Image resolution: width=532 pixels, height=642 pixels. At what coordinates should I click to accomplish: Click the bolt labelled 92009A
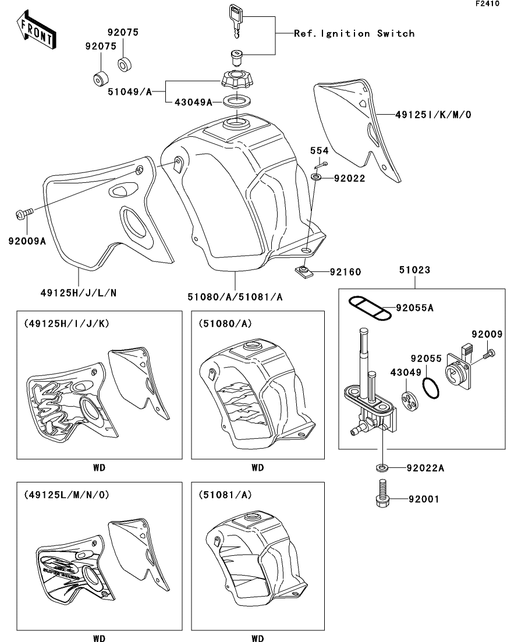click(25, 214)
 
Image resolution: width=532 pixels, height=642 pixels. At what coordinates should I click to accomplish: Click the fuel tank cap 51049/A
click(235, 80)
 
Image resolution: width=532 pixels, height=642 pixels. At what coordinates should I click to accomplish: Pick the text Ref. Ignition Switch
click(354, 34)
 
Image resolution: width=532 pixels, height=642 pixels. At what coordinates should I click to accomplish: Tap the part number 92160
click(345, 272)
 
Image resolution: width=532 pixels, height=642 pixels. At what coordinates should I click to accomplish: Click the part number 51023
click(414, 269)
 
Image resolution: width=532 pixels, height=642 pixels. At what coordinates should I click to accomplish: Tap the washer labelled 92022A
click(382, 467)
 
